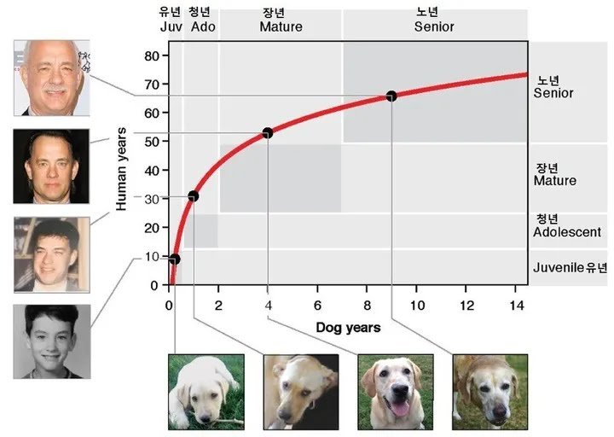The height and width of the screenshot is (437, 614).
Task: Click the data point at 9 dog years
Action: click(391, 96)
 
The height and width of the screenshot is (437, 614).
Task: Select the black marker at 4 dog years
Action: click(268, 132)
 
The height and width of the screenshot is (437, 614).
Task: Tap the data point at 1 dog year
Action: click(193, 196)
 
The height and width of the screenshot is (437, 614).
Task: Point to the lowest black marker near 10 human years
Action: click(174, 259)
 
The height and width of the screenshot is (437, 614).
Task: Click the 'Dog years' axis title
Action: click(348, 327)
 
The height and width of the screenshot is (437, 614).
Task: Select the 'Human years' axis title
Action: click(122, 169)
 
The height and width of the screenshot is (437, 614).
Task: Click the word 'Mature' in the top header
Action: click(281, 26)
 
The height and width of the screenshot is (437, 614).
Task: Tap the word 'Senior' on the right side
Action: click(553, 93)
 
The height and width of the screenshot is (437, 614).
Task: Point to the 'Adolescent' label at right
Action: click(567, 232)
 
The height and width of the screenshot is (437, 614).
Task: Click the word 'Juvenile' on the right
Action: click(559, 267)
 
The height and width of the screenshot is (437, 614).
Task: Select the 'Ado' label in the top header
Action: click(203, 26)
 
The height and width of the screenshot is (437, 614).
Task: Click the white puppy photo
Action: click(206, 391)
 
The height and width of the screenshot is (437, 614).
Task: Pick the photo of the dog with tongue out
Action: click(396, 391)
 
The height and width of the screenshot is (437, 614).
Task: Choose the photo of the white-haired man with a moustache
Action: click(51, 77)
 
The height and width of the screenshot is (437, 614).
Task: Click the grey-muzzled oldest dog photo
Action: click(489, 391)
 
